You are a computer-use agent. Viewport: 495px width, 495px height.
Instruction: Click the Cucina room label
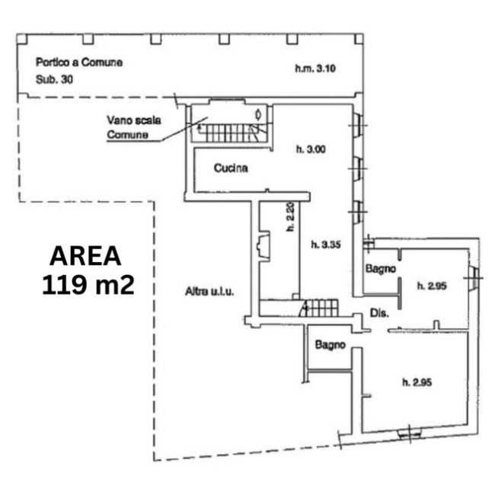(x=231, y=168)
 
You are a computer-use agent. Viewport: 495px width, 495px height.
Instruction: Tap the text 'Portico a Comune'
(x=79, y=62)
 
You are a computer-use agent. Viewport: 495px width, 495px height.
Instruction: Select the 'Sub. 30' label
(x=54, y=79)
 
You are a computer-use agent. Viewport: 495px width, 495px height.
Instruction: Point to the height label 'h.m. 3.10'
(x=315, y=69)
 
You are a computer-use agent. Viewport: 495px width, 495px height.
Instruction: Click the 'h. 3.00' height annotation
(x=311, y=149)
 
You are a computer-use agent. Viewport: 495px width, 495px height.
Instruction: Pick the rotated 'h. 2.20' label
(x=290, y=216)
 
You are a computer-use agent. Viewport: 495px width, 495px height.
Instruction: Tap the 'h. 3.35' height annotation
(x=326, y=244)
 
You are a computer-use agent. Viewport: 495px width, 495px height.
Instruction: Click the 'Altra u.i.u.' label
(x=209, y=292)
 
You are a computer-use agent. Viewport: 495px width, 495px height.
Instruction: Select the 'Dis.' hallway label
(x=379, y=313)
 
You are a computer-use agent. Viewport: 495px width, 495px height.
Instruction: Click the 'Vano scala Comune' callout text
(x=134, y=127)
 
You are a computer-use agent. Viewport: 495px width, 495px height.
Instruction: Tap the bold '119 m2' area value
(x=88, y=285)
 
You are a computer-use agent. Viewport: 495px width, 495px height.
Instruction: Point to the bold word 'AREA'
(x=85, y=256)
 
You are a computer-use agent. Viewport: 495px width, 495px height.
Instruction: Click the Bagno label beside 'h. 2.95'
(x=381, y=269)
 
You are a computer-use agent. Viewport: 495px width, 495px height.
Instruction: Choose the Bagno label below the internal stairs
(x=331, y=345)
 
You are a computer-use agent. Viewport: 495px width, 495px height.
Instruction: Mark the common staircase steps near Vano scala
(x=233, y=133)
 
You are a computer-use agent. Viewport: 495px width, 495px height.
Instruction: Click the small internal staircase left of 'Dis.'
(x=319, y=308)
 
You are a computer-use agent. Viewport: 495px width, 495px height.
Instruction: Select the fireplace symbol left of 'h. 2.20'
(x=264, y=246)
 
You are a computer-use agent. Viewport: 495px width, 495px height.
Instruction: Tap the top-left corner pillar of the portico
(x=22, y=39)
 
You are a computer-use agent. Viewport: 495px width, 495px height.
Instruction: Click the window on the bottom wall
(x=410, y=434)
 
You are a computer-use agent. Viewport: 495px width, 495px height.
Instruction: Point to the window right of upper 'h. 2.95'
(x=474, y=278)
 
